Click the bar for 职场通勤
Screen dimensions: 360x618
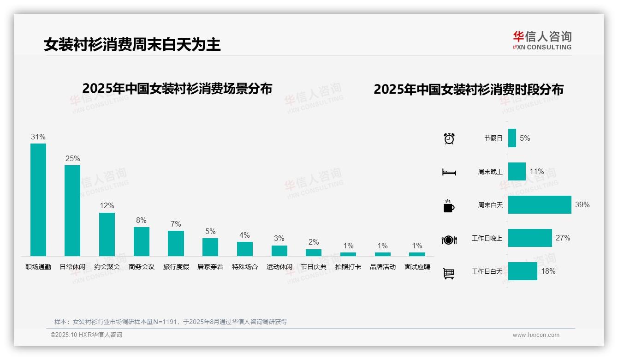tap(38, 199)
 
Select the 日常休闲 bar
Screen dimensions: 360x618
tap(72, 210)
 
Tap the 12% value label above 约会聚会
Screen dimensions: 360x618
tap(107, 205)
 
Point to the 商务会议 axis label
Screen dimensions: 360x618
tap(142, 267)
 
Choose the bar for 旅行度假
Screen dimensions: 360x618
tap(176, 243)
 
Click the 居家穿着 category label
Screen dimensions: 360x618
tap(210, 267)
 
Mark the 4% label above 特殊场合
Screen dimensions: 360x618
tap(244, 235)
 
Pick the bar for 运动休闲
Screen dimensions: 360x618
tap(279, 251)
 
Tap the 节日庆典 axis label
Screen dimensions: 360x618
tap(314, 267)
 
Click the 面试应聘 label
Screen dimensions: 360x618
tap(417, 267)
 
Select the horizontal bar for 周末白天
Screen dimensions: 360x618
tap(540, 204)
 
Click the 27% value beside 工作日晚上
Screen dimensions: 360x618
tap(563, 238)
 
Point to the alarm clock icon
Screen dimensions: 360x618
tap(449, 138)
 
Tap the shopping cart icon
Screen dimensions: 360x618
tap(449, 274)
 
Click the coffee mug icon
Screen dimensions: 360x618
tap(448, 206)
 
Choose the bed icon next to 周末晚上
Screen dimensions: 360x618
tap(449, 172)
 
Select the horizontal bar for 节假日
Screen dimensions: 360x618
tap(512, 138)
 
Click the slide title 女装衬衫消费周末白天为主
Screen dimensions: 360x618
tap(132, 44)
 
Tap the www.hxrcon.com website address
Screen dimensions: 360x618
tap(536, 335)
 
